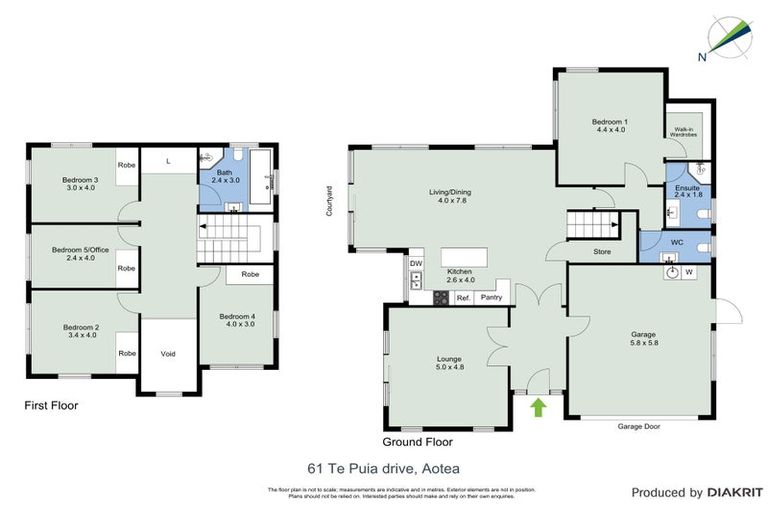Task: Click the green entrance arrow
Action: (538, 407)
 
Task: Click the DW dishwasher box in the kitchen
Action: (415, 264)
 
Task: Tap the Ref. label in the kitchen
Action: (463, 298)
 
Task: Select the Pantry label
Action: (491, 298)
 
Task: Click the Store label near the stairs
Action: (602, 252)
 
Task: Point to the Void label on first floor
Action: (168, 353)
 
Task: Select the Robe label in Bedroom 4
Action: (250, 273)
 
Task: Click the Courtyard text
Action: (328, 201)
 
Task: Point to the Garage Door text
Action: (640, 426)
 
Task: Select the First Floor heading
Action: (51, 407)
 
